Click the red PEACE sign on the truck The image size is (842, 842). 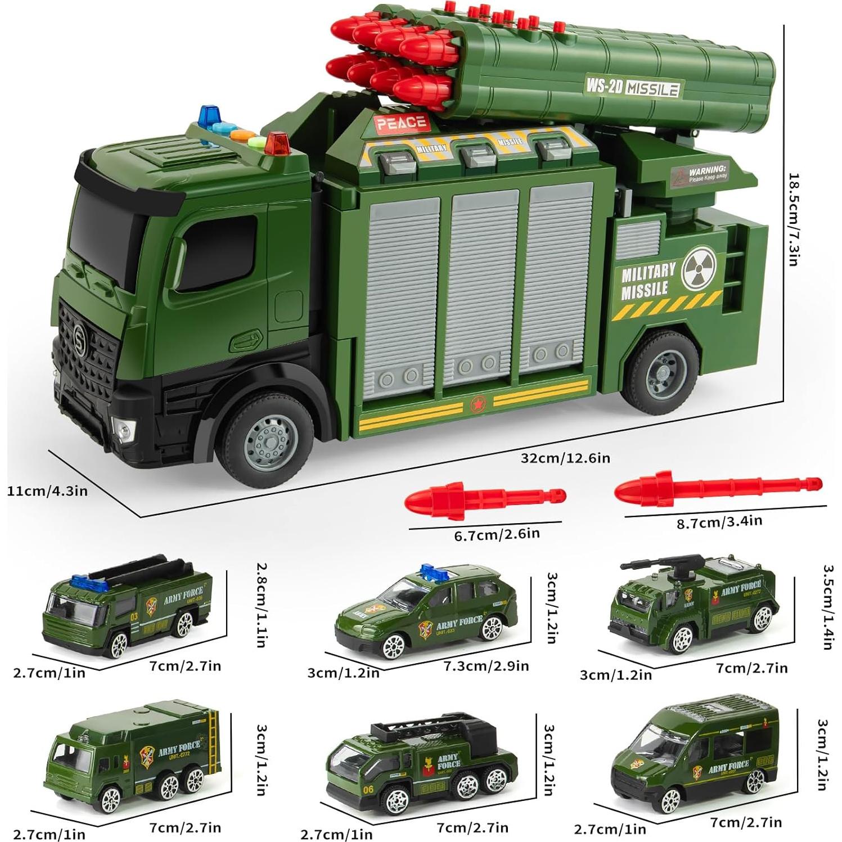point(401,123)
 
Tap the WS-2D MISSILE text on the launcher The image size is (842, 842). point(632,87)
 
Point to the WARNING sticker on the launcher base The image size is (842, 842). point(700,172)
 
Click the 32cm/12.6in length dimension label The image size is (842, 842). point(565,458)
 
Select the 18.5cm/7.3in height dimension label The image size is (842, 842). point(793,220)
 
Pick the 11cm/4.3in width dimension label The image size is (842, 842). point(47,491)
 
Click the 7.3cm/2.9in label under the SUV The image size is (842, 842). point(486,666)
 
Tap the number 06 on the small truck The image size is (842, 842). point(368,789)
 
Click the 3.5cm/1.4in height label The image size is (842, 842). point(827,607)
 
